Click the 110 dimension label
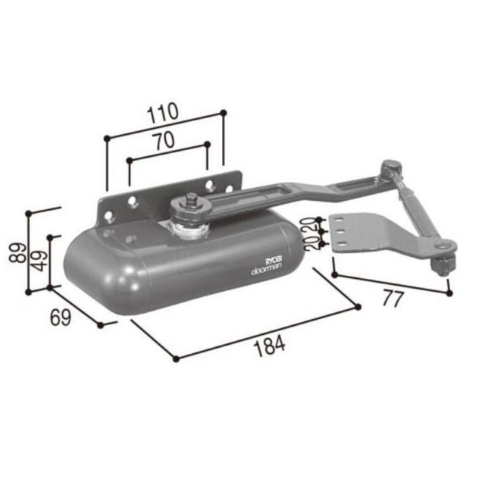tap(163, 113)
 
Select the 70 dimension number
tap(164, 141)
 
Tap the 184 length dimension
tap(269, 346)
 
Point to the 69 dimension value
tap(61, 317)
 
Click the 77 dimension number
tap(393, 299)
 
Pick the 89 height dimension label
tap(17, 253)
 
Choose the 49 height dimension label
tap(40, 261)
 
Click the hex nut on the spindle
tap(189, 199)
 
